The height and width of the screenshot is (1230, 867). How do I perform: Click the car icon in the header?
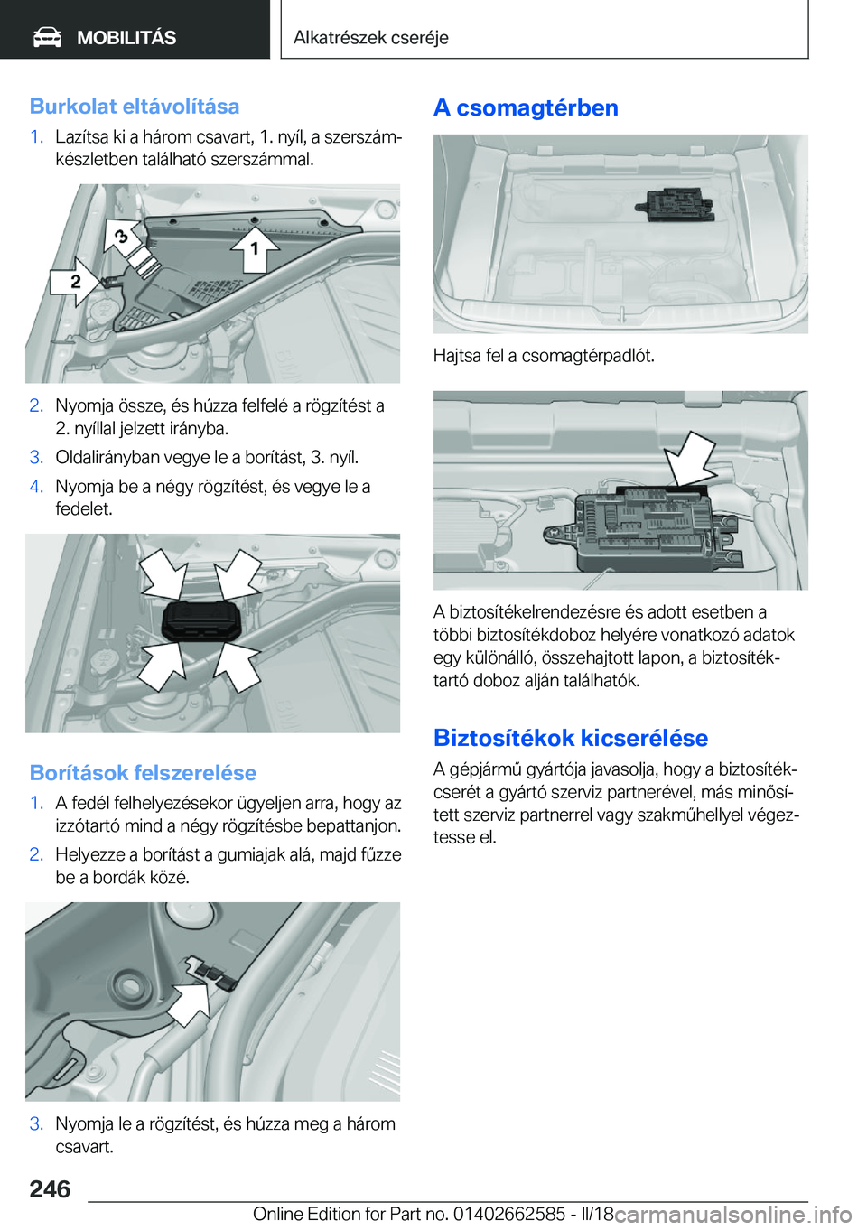coord(47,37)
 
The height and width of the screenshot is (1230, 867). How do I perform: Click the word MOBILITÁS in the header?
coord(126,38)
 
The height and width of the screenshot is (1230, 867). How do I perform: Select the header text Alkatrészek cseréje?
coord(370,38)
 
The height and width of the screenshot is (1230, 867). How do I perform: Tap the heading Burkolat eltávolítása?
coord(135,107)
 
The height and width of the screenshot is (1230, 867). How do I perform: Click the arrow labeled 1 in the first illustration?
coord(254,247)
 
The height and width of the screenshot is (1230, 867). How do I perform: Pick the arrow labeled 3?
coord(125,237)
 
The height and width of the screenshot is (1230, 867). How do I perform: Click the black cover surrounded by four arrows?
coord(200,621)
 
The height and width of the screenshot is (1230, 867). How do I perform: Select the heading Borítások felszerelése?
coord(143,773)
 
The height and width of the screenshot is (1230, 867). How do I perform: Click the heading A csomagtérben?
coord(526,108)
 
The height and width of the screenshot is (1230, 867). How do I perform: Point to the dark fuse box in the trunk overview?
coord(674,204)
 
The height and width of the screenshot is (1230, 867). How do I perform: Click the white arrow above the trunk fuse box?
coord(691,457)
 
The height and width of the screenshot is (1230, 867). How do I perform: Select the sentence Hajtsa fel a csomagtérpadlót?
coord(544,356)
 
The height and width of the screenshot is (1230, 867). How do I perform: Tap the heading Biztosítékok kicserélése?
coord(570,739)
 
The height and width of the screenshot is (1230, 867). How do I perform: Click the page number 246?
coord(50,1189)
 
